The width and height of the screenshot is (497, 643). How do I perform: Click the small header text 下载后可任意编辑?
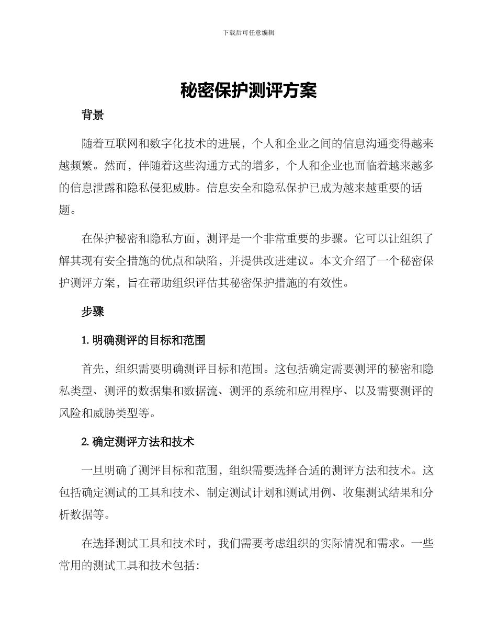(x=249, y=32)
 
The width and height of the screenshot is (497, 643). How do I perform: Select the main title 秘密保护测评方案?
(x=249, y=91)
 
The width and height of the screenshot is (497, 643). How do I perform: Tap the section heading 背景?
(x=93, y=116)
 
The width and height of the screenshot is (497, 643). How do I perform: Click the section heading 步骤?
(x=93, y=312)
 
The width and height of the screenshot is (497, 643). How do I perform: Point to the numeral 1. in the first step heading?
(x=85, y=341)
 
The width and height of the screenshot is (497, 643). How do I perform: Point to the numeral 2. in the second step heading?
(x=85, y=442)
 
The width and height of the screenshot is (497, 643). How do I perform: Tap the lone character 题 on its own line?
(x=64, y=211)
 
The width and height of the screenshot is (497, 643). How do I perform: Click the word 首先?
(x=93, y=369)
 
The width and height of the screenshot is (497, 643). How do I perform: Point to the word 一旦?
(x=93, y=470)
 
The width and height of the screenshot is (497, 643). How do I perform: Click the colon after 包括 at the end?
(x=197, y=566)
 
